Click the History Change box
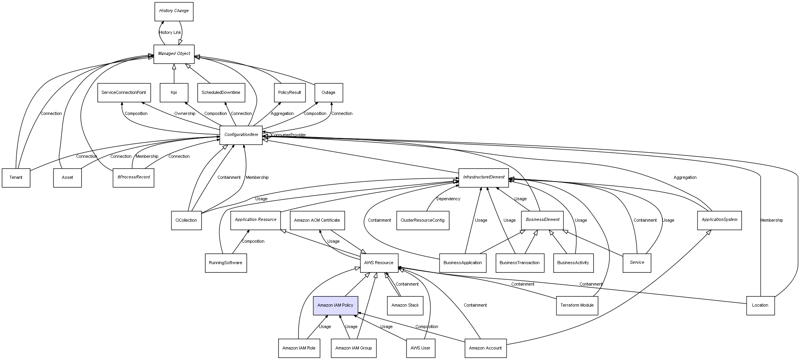click(x=174, y=11)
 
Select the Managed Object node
click(x=174, y=54)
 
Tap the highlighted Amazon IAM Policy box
click(x=335, y=305)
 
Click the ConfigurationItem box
click(x=241, y=135)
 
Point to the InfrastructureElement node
click(x=484, y=177)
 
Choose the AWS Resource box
click(x=379, y=263)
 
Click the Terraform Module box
click(x=577, y=305)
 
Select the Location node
click(x=760, y=305)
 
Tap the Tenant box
click(x=16, y=178)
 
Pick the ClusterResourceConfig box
click(x=422, y=220)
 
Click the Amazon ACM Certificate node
click(x=317, y=220)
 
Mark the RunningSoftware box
click(x=226, y=263)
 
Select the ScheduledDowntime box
click(x=221, y=93)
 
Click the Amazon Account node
click(x=485, y=348)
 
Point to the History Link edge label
click(x=170, y=33)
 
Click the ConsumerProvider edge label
click(x=289, y=135)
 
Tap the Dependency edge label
click(x=448, y=199)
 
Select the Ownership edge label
click(x=185, y=114)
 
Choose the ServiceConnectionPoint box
click(x=124, y=93)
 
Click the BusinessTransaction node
click(x=519, y=263)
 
